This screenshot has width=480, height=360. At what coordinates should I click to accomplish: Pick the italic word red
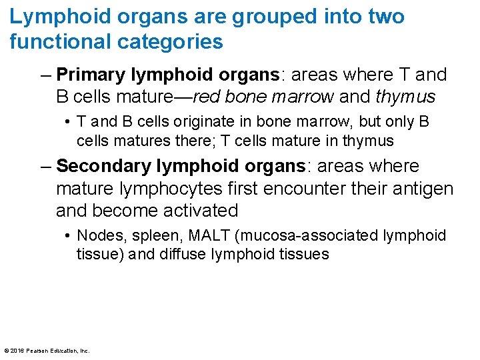(x=206, y=97)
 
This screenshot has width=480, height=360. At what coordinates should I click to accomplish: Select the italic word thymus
(x=405, y=97)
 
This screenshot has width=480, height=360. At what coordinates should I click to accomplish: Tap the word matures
(x=136, y=141)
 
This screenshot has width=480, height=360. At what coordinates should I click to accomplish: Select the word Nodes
(x=97, y=236)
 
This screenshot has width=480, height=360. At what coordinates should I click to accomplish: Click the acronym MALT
(x=196, y=236)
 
